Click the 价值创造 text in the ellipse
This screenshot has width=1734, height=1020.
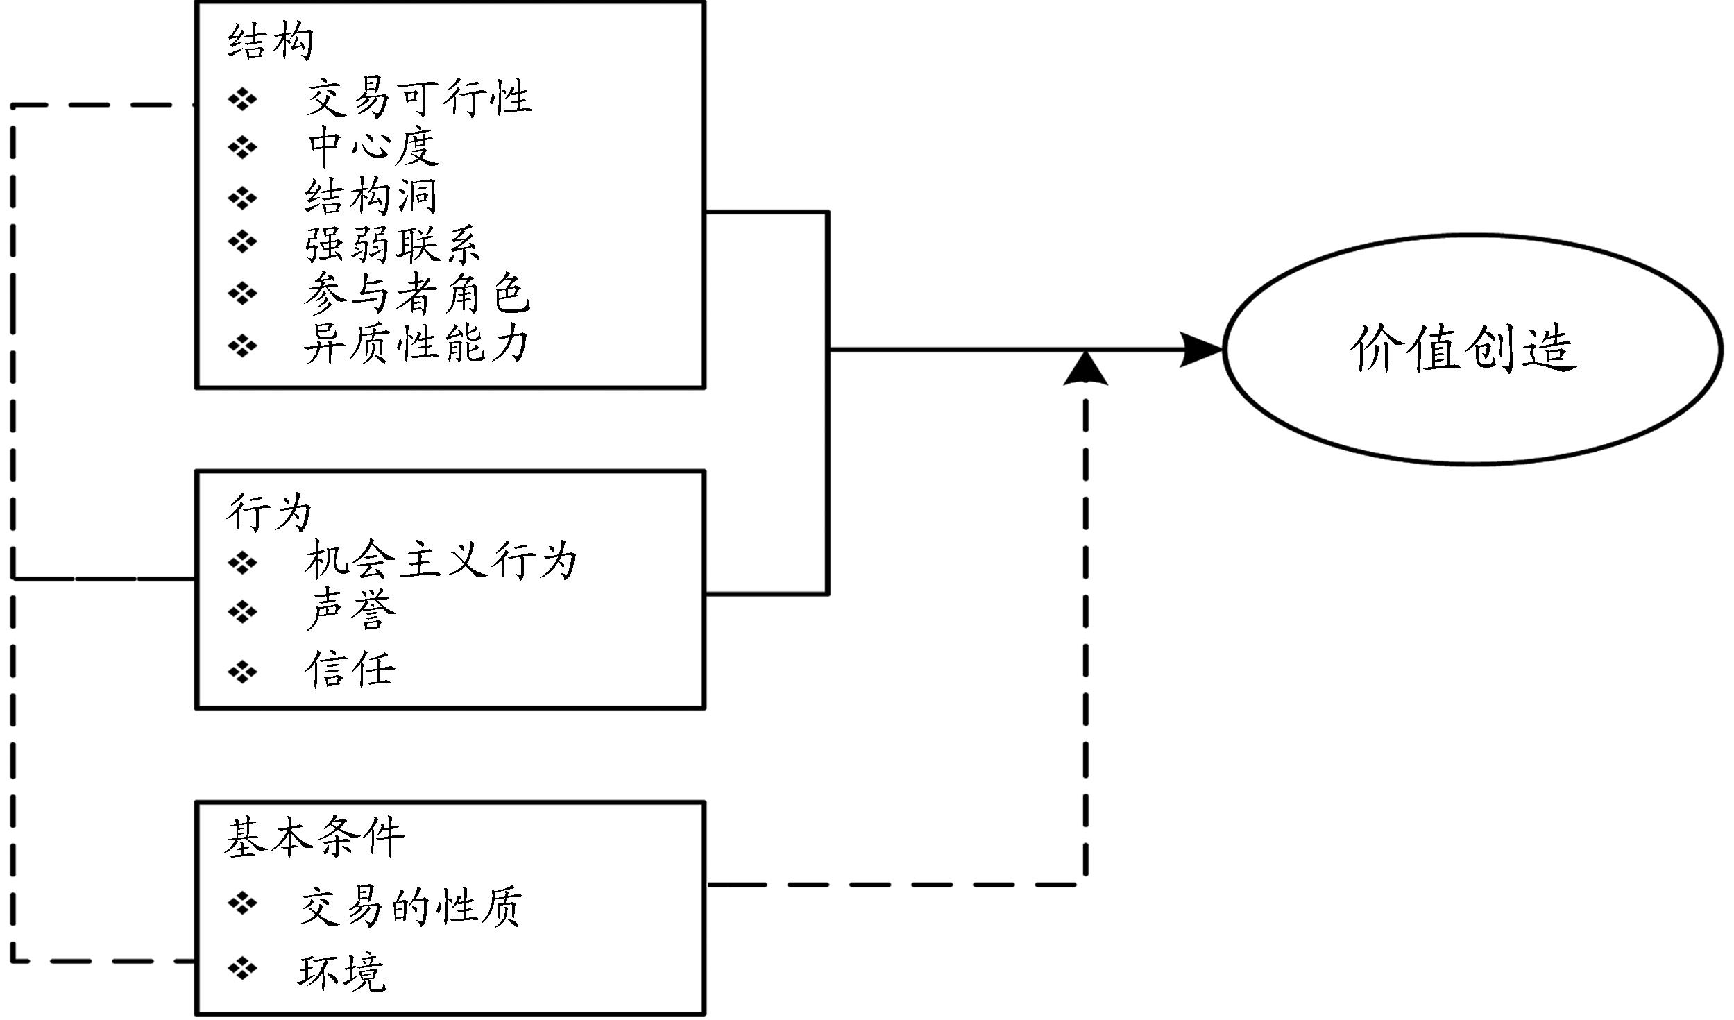(1463, 349)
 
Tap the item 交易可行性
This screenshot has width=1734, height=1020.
(418, 98)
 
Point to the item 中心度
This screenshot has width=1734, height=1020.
(373, 146)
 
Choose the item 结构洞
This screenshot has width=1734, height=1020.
(371, 197)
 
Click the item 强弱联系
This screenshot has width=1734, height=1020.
(392, 245)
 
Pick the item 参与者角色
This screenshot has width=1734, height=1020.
(416, 294)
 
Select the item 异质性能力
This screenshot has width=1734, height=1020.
(416, 344)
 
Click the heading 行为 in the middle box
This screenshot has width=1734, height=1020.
(269, 513)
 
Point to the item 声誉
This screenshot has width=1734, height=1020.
(350, 611)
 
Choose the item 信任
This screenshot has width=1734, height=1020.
(350, 670)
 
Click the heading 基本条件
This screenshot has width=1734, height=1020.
(314, 837)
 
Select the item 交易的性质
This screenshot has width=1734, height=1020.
(411, 906)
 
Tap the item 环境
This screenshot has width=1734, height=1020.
(341, 972)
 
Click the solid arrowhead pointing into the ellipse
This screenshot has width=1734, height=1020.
(1202, 350)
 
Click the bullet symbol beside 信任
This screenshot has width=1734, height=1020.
(242, 671)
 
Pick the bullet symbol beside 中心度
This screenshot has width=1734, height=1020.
(242, 147)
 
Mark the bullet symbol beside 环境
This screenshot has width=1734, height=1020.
(242, 968)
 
